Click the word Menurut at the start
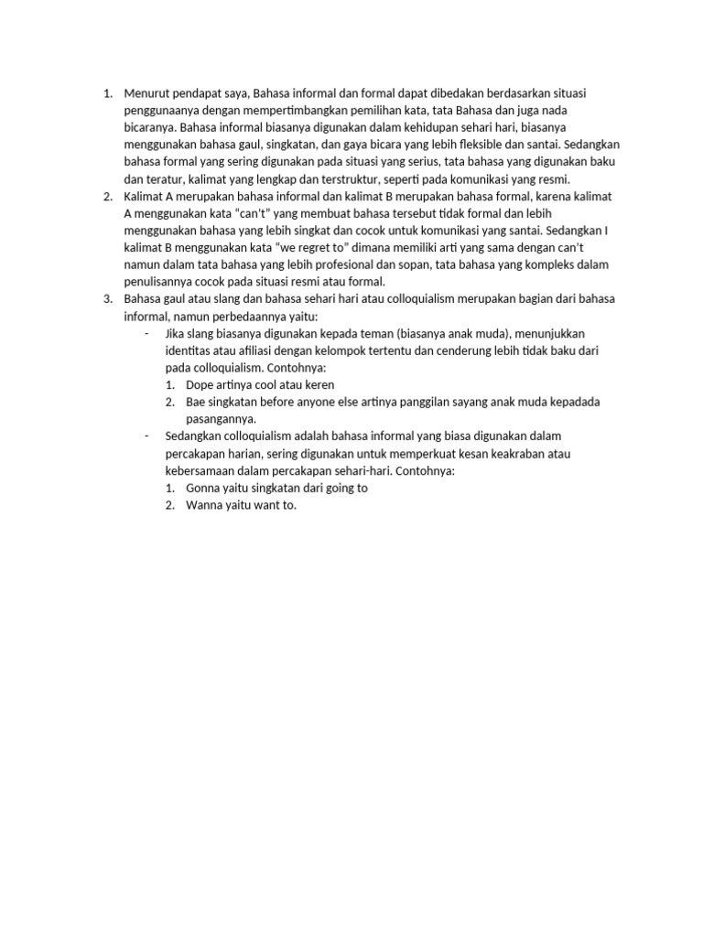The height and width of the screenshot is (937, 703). [145, 93]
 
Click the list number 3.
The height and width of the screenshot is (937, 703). [106, 299]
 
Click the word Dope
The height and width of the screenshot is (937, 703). [200, 385]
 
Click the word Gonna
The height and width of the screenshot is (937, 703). [203, 488]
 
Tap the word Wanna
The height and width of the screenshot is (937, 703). [204, 505]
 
